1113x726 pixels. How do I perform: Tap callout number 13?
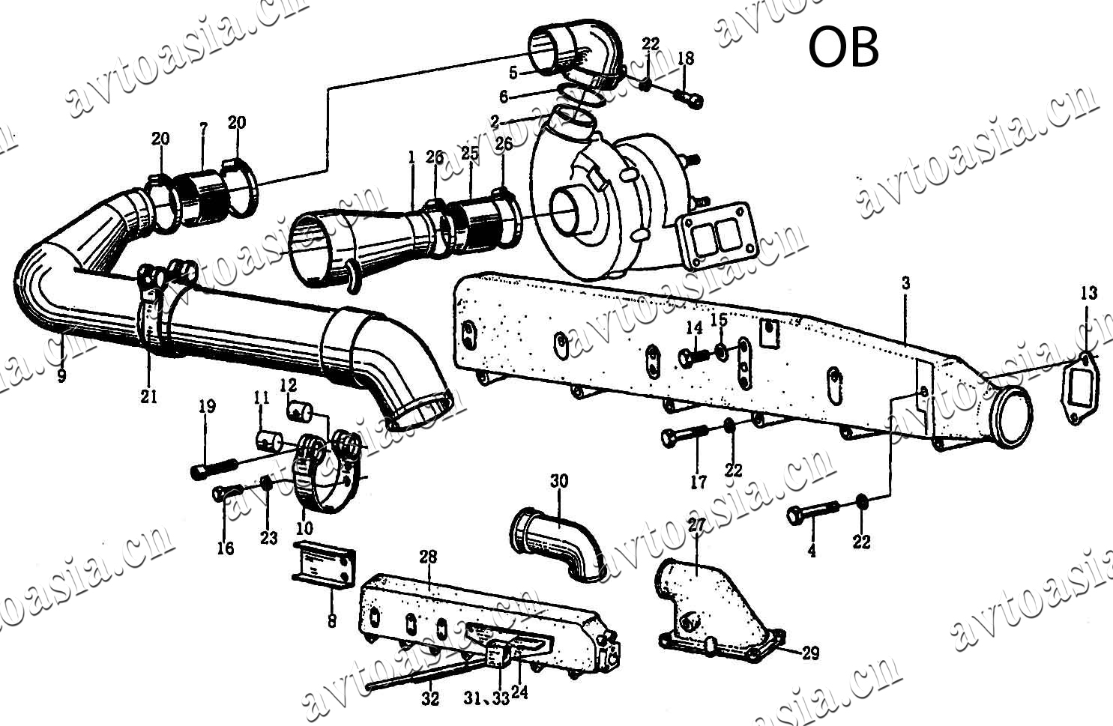click(x=1088, y=292)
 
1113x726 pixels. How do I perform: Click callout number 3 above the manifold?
click(x=906, y=283)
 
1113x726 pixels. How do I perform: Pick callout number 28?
click(x=428, y=557)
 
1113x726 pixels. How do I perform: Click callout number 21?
click(x=149, y=396)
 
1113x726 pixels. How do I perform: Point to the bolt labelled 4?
click(x=812, y=512)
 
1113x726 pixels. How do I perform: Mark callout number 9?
click(x=61, y=375)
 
